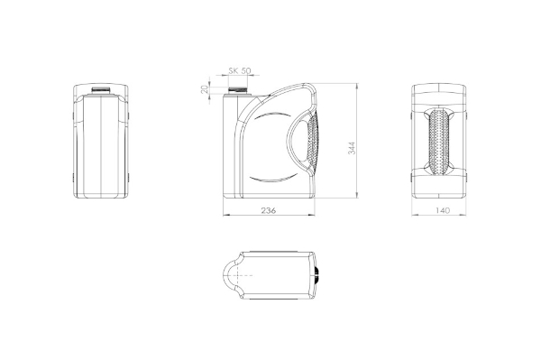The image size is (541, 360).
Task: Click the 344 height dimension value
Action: (352, 148)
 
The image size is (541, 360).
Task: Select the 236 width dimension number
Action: (269, 210)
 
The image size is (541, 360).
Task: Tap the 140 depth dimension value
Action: (443, 210)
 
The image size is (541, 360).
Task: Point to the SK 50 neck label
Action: (240, 70)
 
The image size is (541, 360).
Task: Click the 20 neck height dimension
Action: (205, 89)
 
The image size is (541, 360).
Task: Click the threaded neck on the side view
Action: (238, 90)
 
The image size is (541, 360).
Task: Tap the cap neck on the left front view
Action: (101, 89)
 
